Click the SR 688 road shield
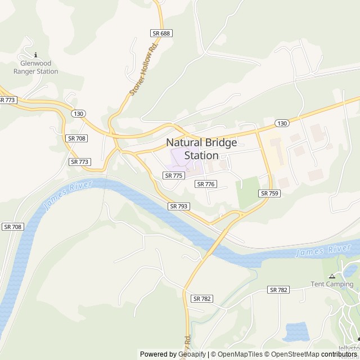tap(161, 34)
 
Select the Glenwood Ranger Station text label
tap(36, 67)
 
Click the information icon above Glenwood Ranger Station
tap(36, 55)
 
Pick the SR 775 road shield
tap(174, 175)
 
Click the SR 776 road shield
tap(206, 184)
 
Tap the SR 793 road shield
tap(178, 206)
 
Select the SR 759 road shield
tap(269, 193)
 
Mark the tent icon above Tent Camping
tap(332, 276)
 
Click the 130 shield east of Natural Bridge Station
tap(282, 123)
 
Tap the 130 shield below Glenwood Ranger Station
tap(78, 114)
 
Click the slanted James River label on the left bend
tap(65, 196)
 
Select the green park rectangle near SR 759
tap(247, 192)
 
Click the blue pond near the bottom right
tap(296, 332)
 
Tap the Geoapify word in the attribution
tap(192, 354)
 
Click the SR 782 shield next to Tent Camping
tap(278, 290)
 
